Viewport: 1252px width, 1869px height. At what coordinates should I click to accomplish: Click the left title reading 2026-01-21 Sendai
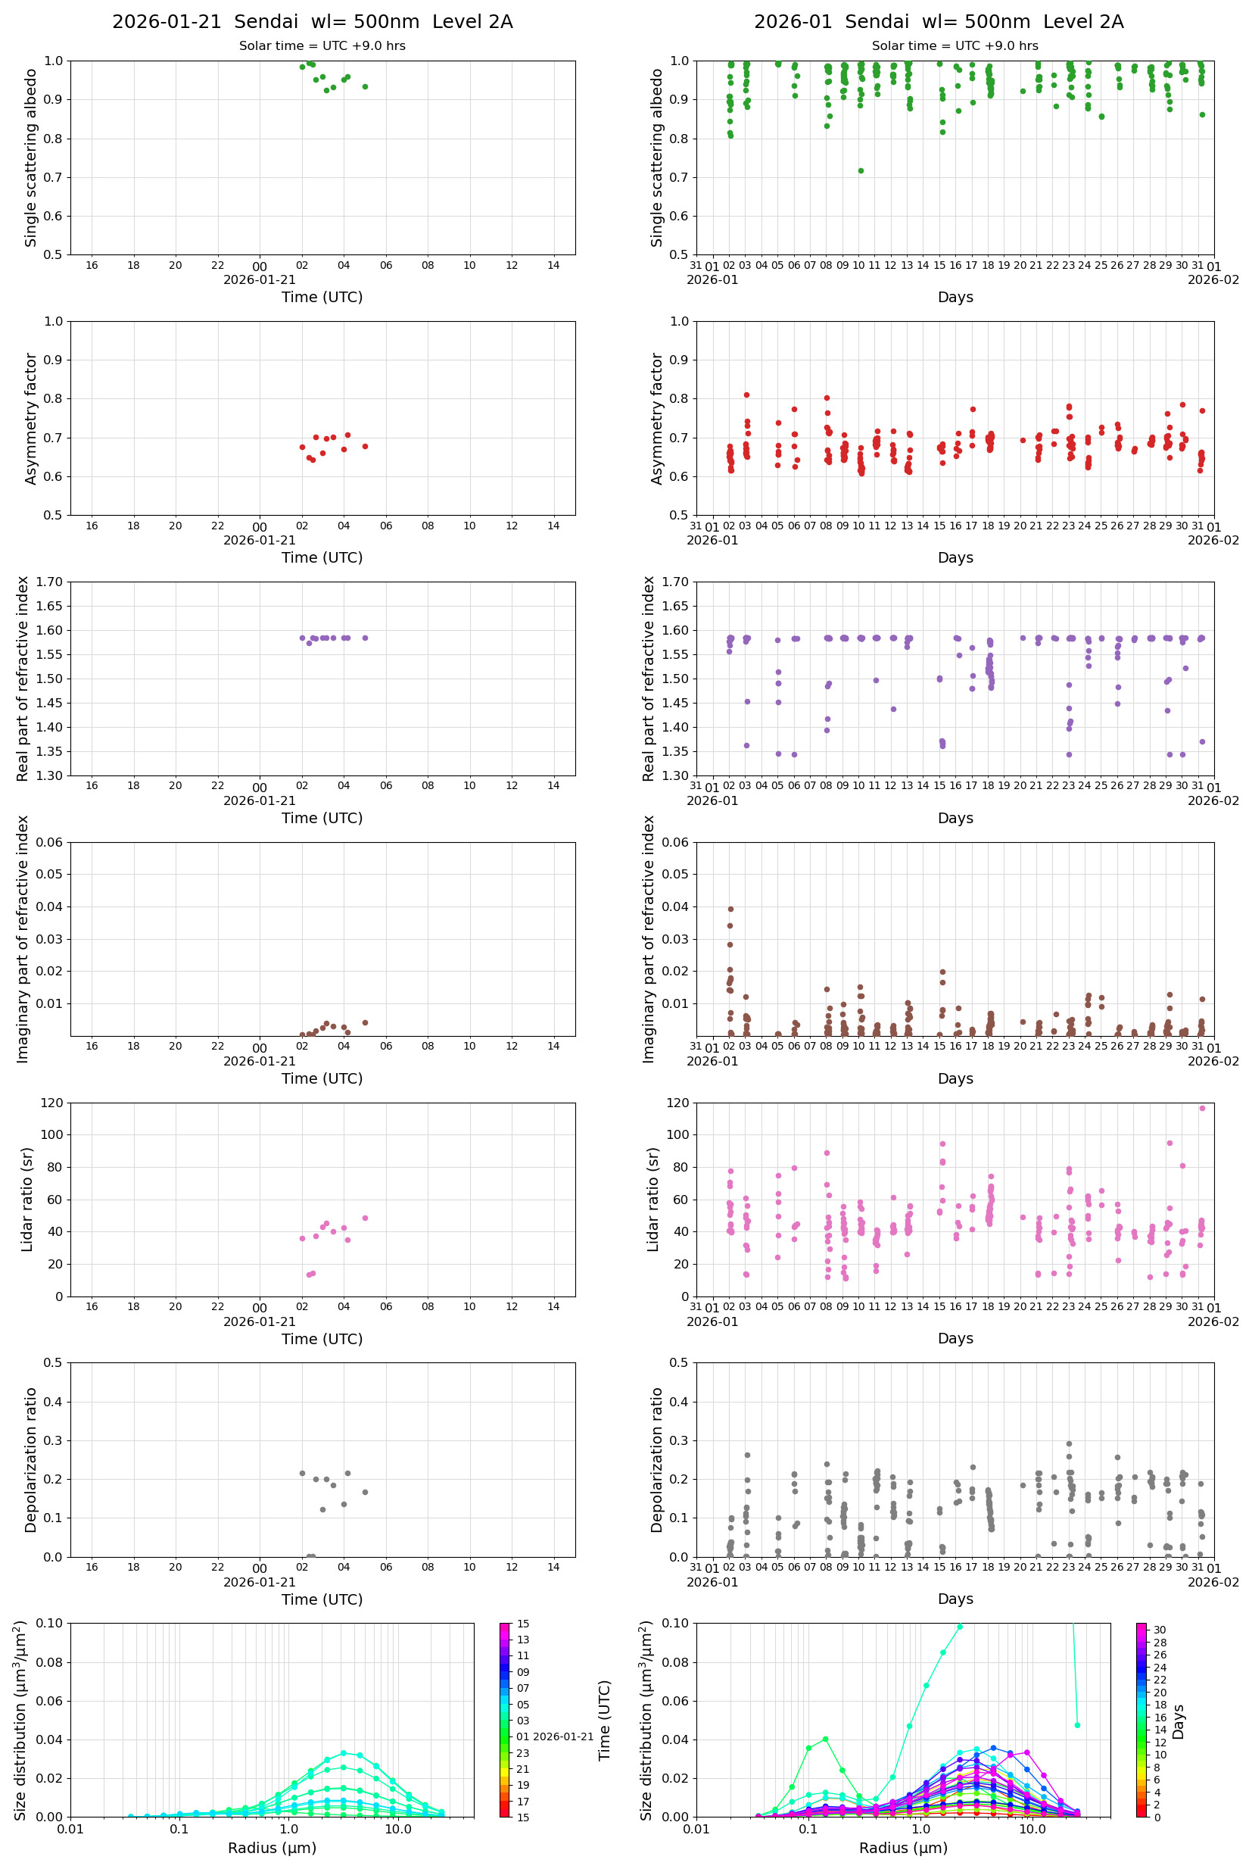pyautogui.click(x=312, y=21)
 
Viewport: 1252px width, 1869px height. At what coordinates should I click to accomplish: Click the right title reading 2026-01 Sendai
pyautogui.click(x=938, y=21)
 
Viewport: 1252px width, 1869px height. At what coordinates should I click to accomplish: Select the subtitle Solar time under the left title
pyautogui.click(x=322, y=45)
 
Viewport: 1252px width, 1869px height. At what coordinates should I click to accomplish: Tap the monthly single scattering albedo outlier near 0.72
pyautogui.click(x=861, y=170)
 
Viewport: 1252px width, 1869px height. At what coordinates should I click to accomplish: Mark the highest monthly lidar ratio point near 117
pyautogui.click(x=1202, y=1108)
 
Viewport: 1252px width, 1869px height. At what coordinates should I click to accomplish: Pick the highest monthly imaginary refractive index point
pyautogui.click(x=730, y=909)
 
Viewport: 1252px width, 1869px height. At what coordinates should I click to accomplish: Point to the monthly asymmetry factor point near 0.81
pyautogui.click(x=746, y=395)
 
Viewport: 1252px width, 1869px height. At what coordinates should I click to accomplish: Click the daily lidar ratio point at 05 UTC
pyautogui.click(x=365, y=1218)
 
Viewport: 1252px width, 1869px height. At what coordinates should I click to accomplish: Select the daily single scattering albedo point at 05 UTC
pyautogui.click(x=365, y=86)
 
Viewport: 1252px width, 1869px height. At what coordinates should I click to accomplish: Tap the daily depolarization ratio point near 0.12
pyautogui.click(x=322, y=1509)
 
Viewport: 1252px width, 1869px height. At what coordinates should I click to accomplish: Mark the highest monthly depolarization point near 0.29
pyautogui.click(x=1069, y=1443)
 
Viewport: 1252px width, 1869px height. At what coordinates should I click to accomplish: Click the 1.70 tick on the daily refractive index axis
pyautogui.click(x=52, y=582)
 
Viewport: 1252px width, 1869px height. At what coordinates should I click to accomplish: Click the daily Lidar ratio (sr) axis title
pyautogui.click(x=27, y=1199)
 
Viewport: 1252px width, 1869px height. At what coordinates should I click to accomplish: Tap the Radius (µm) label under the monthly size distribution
pyautogui.click(x=903, y=1848)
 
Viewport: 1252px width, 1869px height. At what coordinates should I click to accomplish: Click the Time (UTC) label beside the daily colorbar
pyautogui.click(x=605, y=1721)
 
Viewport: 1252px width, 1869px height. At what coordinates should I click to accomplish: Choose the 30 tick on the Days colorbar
pyautogui.click(x=1160, y=1630)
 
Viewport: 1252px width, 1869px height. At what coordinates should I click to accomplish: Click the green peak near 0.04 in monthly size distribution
pyautogui.click(x=826, y=1739)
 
